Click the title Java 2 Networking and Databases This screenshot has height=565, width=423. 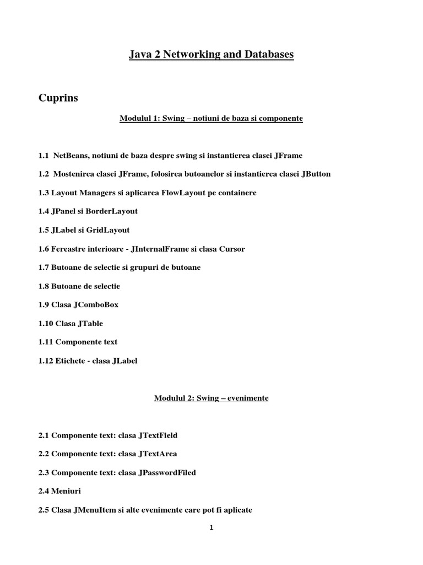[x=211, y=54]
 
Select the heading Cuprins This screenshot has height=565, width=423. [x=58, y=98]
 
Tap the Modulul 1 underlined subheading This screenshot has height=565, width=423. [x=211, y=118]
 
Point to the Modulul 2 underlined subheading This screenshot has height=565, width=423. [x=211, y=398]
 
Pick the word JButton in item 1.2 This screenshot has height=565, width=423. [x=316, y=174]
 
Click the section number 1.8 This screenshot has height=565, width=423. [x=44, y=286]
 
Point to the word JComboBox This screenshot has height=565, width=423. [x=96, y=305]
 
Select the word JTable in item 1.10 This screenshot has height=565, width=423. [x=91, y=323]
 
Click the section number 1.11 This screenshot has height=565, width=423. [x=46, y=342]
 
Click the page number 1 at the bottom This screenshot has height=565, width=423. [x=211, y=527]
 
